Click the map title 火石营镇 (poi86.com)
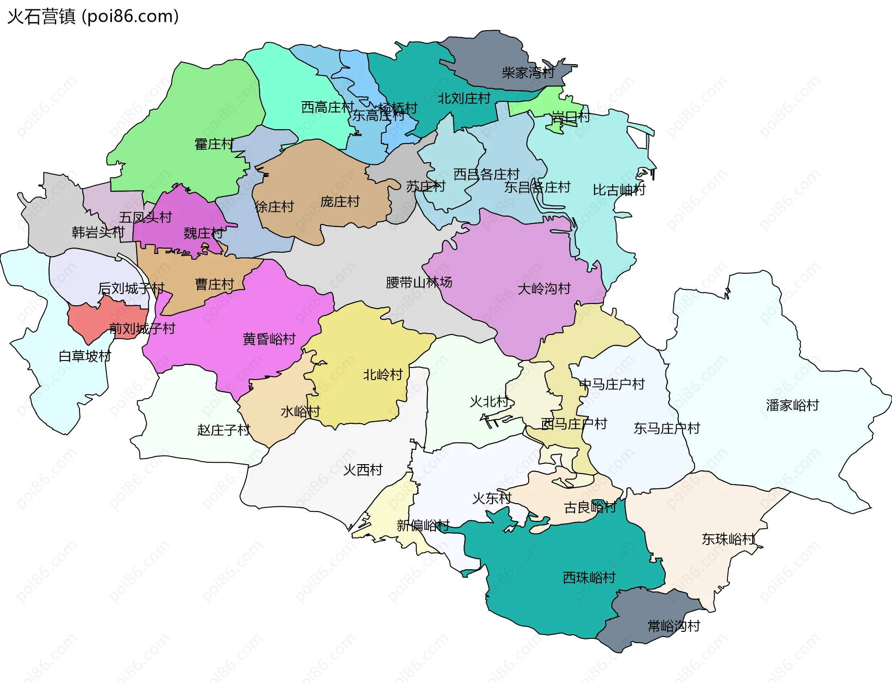93,17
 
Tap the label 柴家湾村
528,72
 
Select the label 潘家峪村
792,405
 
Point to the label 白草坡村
85,356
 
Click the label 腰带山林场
419,282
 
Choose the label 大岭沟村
544,289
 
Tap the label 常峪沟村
674,626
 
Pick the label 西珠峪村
589,578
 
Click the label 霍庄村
214,144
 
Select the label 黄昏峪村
269,339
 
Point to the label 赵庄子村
223,430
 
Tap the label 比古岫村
619,190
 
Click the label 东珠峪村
728,539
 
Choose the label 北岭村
382,374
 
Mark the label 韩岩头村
98,232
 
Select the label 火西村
362,470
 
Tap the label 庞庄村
340,201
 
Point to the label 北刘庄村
464,98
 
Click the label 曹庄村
214,284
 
